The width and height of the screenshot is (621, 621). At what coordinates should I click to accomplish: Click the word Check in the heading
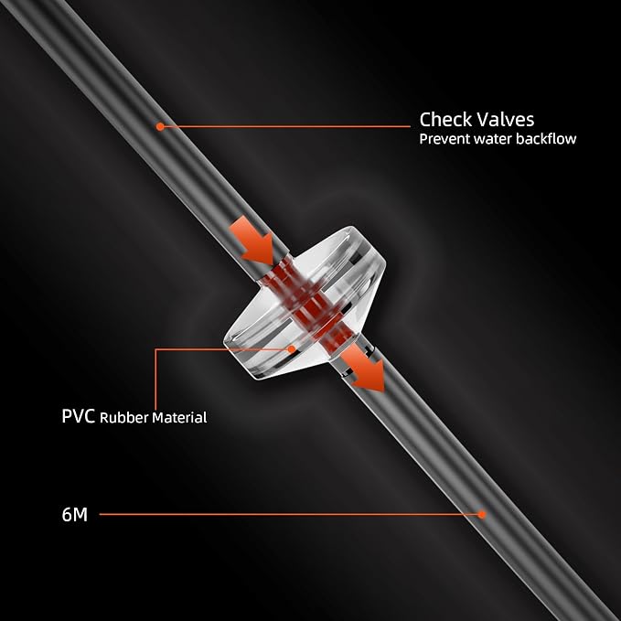coord(445,119)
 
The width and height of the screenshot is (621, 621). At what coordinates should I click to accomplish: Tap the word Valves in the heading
coord(506,119)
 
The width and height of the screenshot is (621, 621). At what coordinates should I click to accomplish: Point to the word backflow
coord(546,139)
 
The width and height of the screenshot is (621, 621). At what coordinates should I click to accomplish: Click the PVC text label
coord(79,416)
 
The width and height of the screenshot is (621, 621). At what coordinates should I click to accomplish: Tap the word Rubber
coord(124,417)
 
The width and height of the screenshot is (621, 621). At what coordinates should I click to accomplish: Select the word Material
coord(179,417)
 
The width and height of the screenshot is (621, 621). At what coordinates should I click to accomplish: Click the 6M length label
coord(74,515)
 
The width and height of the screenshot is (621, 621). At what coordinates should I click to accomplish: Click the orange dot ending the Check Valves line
coord(160,127)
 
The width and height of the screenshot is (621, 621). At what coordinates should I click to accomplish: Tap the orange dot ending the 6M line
coord(482,515)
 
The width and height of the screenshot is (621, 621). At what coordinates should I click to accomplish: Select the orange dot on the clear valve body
coord(292,349)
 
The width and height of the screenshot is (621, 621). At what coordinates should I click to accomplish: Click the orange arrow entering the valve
coord(252,241)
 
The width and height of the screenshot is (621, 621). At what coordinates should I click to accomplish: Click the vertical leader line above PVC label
coord(155,380)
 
